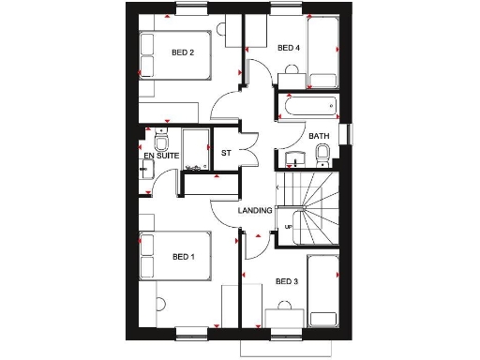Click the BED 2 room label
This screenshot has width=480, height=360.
[183, 52]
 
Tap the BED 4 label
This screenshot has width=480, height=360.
[289, 48]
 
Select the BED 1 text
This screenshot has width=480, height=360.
[184, 256]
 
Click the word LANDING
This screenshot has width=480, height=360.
[255, 211]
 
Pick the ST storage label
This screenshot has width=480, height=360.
[226, 153]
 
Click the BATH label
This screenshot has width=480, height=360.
[319, 137]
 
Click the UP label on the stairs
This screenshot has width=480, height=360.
[289, 228]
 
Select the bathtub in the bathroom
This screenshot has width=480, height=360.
[309, 109]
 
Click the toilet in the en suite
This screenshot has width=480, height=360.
[162, 143]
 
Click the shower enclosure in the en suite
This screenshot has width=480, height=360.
[196, 150]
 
